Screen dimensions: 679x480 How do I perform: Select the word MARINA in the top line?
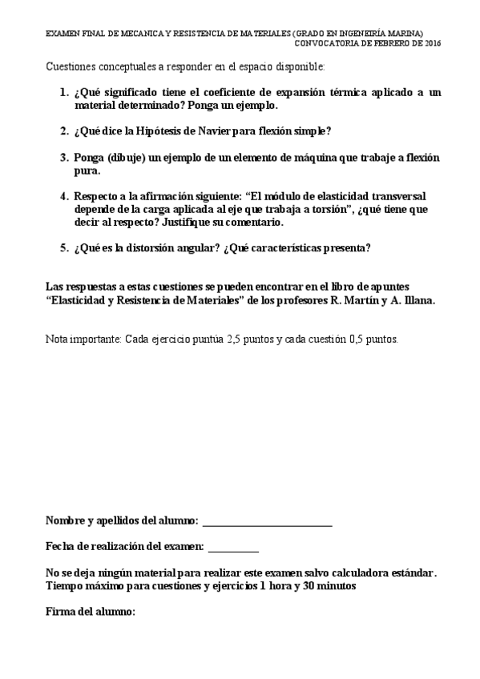(x=406, y=34)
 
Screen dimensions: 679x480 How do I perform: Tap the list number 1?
(x=63, y=93)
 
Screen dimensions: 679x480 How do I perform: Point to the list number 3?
(x=63, y=158)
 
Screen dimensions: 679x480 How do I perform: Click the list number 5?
(x=63, y=247)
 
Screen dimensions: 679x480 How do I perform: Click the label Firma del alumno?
(x=91, y=612)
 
